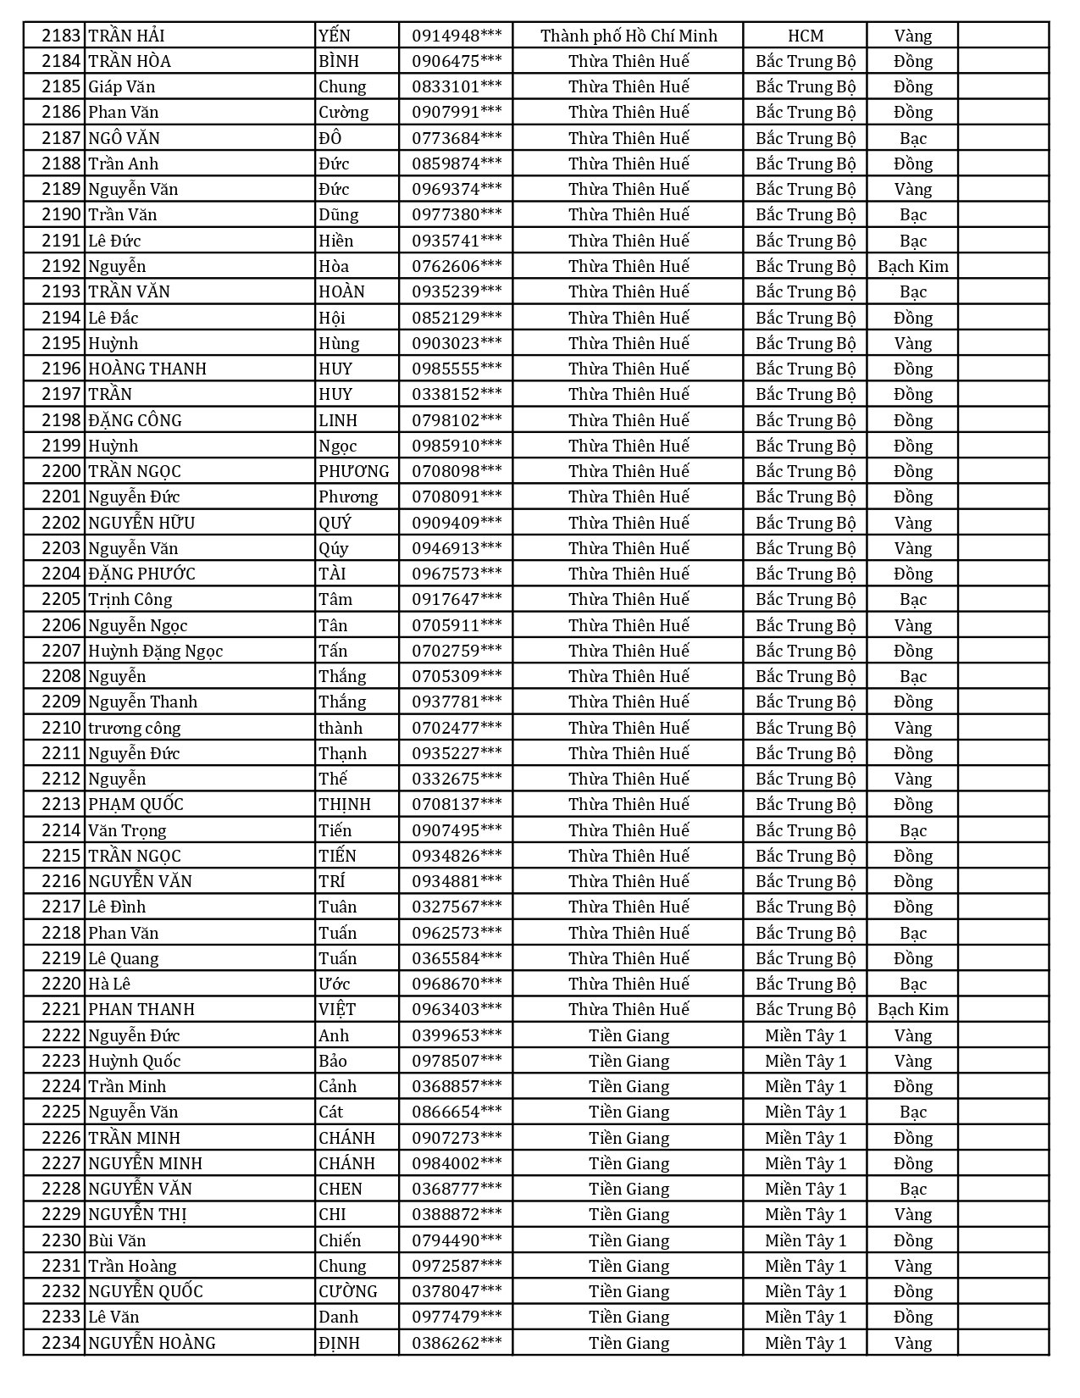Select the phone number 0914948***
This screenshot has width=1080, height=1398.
coord(457,36)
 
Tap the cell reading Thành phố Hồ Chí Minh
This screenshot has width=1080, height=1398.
coord(629,36)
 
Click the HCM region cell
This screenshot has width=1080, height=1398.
coord(805,36)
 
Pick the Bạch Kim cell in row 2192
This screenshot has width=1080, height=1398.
coord(912,266)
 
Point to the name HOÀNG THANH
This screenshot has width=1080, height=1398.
coord(147,369)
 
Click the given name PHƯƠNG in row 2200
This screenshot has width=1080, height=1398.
coord(354,471)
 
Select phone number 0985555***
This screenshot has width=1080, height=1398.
coord(457,369)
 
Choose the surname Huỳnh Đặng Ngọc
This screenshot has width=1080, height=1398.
coord(156,651)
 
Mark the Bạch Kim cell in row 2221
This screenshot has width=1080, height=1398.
coord(912,1009)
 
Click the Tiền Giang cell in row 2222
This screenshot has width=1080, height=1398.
coord(629,1035)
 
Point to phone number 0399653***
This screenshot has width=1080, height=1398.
coord(457,1035)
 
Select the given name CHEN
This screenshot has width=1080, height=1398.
coord(341,1189)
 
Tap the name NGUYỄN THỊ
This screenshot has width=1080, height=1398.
coord(137,1214)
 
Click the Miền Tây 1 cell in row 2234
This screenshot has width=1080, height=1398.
coord(805,1343)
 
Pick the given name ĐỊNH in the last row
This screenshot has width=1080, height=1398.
coord(339,1343)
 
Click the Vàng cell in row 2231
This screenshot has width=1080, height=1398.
coord(912,1266)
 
